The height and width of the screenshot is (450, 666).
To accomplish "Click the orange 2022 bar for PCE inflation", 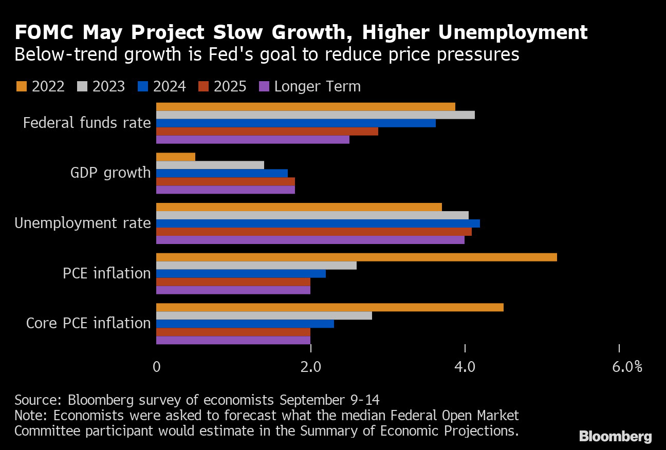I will (356, 257).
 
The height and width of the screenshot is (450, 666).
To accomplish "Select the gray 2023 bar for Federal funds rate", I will (315, 115).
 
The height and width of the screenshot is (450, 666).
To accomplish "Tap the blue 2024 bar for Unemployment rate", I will (318, 223).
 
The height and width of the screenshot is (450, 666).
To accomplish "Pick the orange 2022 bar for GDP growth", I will (175, 157).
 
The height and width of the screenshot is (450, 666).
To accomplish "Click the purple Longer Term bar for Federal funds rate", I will (252, 139).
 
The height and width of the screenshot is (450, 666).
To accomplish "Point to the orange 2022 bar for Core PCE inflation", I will (329, 307).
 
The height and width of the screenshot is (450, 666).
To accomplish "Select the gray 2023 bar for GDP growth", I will (210, 165).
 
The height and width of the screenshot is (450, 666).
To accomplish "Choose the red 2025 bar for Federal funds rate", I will (267, 131).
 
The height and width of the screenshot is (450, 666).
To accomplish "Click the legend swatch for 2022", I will (21, 86).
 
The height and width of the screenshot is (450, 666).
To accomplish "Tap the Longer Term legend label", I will (317, 86).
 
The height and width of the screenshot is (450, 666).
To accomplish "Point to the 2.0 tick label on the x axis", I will (310, 367).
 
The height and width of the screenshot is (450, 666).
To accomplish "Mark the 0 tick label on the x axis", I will (156, 367).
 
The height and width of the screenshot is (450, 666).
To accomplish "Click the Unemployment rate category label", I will (82, 223).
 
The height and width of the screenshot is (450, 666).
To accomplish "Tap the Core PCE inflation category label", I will (88, 323).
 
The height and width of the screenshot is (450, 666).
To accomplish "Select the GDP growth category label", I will (110, 173).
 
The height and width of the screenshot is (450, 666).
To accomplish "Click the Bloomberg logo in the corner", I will (615, 437).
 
